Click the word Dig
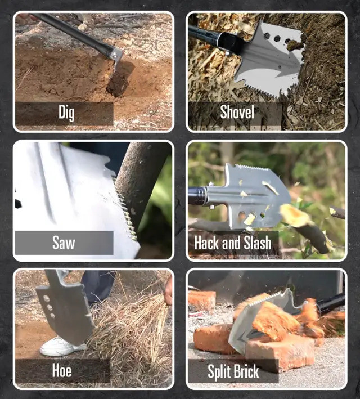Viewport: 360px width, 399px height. coord(66,113)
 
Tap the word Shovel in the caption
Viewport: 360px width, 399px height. coord(237,112)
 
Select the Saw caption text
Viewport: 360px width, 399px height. coord(64,243)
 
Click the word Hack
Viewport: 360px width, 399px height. coord(207,243)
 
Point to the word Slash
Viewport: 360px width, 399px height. coord(258,243)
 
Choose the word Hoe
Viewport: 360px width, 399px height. coord(61,370)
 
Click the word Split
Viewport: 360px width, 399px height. coord(219,371)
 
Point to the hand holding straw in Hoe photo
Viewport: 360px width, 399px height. coord(168,290)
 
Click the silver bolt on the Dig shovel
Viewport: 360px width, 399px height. coord(115,55)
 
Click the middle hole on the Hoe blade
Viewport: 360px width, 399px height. coord(49,307)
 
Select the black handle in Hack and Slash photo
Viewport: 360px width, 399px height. coord(197,196)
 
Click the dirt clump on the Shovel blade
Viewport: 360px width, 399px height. coord(295,45)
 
